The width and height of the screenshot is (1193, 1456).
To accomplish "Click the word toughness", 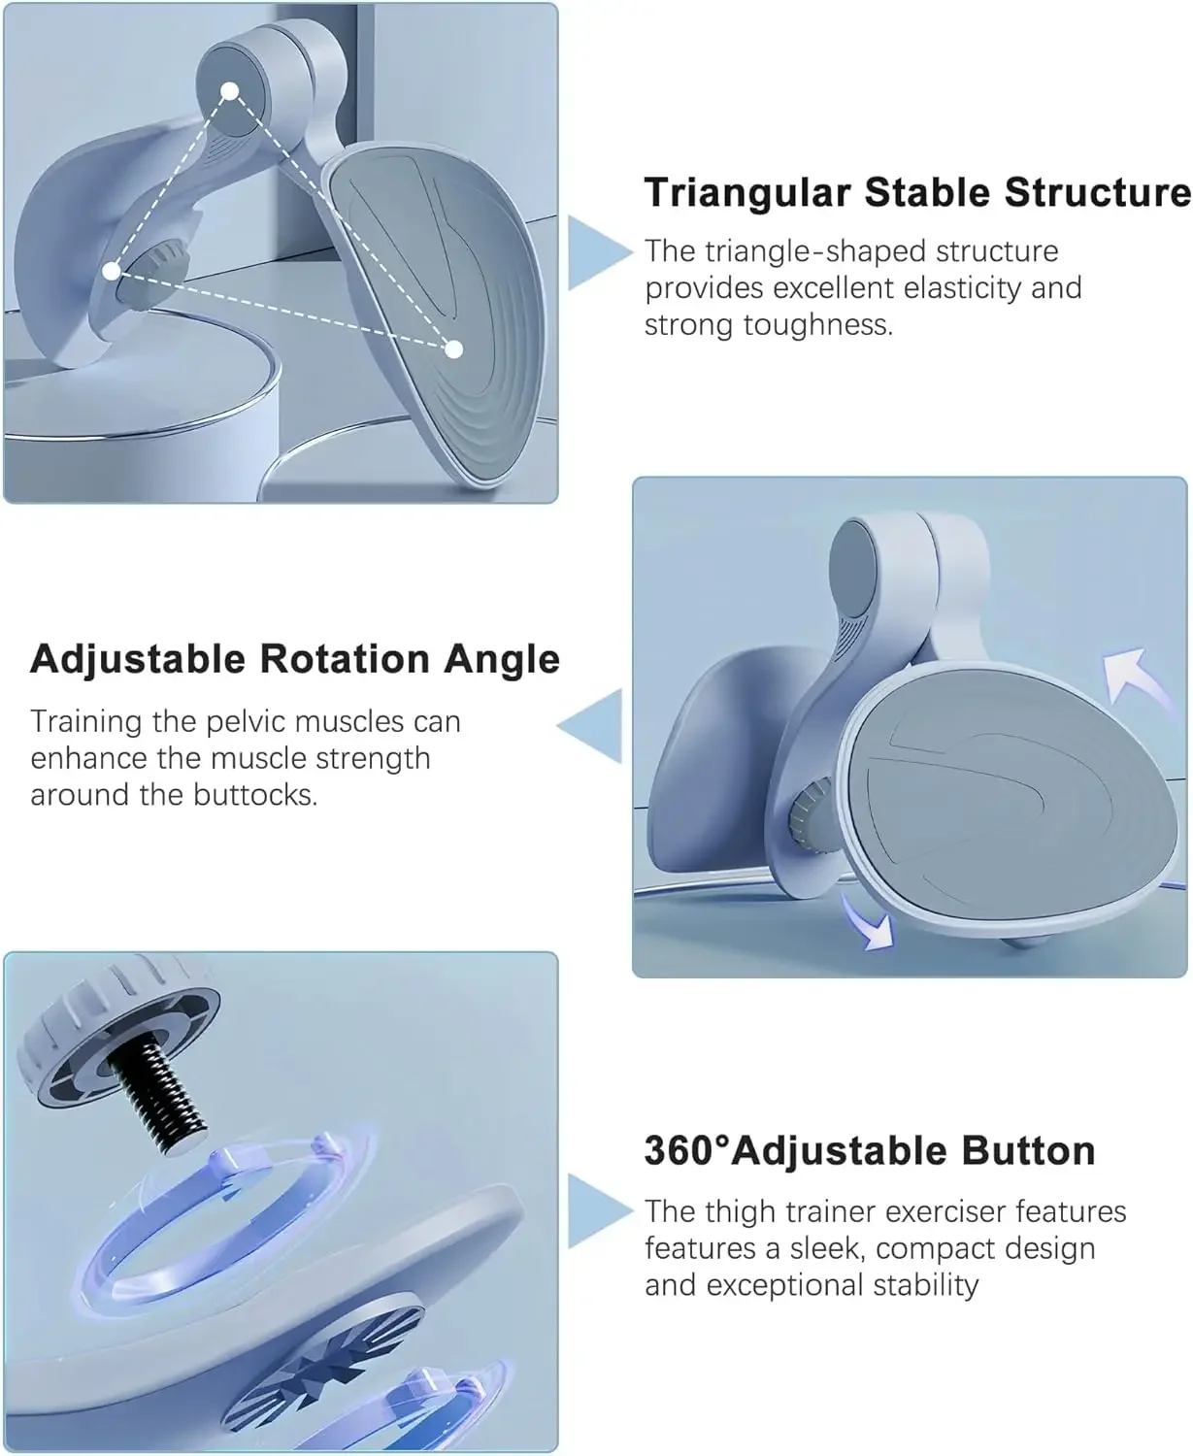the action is tap(818, 325).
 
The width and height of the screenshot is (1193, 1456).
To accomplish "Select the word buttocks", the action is tap(254, 795).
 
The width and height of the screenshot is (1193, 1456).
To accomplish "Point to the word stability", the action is tap(926, 1285).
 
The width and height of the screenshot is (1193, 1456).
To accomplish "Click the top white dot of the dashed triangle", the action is tap(230, 91).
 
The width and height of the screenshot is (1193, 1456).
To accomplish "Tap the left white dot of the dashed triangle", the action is tap(112, 272).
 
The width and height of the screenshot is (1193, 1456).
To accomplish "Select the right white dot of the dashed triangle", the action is tap(453, 349).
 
